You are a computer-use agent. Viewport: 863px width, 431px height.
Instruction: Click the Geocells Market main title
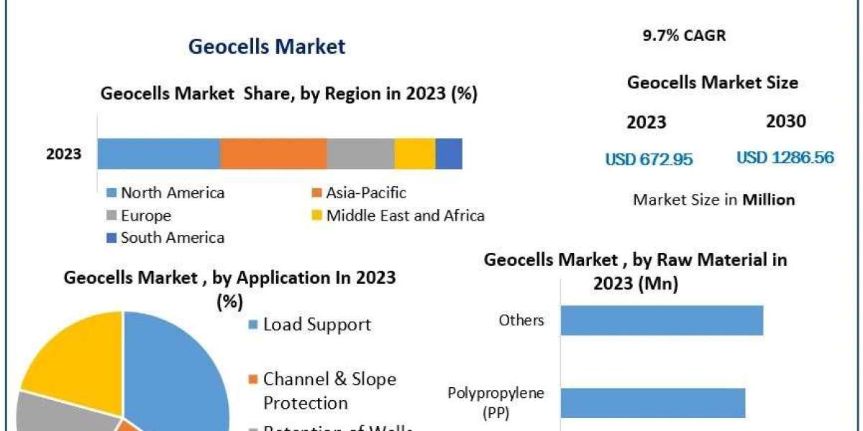coord(267,47)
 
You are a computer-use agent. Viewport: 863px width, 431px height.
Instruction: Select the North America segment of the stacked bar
coord(158,154)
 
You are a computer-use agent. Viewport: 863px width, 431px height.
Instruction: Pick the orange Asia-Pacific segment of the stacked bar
coord(273,154)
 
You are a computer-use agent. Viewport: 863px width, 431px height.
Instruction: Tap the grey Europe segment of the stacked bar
coord(360,154)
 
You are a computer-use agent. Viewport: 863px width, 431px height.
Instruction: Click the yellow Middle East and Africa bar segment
coord(415,154)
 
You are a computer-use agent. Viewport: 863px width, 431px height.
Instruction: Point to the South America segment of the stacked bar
coord(449,154)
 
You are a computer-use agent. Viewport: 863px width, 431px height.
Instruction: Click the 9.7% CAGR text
coord(684,36)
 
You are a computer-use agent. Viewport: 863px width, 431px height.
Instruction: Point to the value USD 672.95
coord(649,159)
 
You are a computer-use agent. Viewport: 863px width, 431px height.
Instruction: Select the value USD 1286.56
coord(785,158)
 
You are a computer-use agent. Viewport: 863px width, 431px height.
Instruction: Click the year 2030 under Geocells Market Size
coord(786,121)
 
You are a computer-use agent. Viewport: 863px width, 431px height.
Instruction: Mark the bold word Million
coord(769,200)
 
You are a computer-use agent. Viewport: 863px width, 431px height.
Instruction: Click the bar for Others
coord(662,320)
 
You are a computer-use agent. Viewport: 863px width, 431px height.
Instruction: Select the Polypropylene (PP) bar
coord(652,402)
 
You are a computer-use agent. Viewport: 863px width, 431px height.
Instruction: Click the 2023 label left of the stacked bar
coord(64,154)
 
